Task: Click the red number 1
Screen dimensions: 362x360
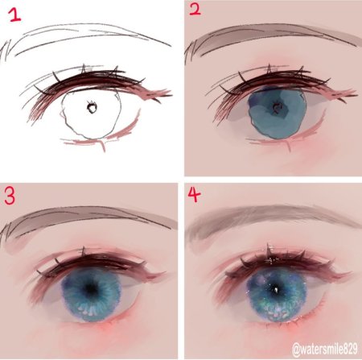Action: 15,14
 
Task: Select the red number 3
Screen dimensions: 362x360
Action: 10,196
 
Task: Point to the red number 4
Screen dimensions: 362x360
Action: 194,194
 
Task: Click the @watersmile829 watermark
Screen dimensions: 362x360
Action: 325,350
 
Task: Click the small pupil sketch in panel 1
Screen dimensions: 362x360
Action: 92,107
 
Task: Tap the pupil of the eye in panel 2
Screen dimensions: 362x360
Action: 276,107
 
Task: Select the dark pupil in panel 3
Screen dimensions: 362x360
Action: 91,288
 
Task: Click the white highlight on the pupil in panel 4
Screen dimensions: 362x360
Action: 276,290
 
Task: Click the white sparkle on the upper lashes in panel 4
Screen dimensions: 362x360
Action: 269,259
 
